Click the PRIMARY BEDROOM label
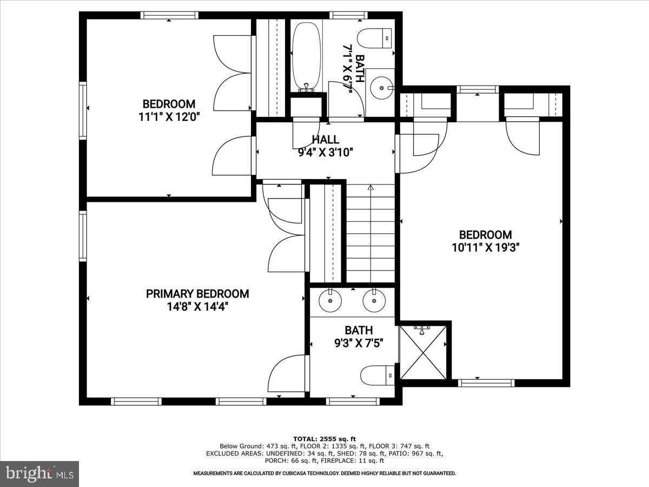[197, 294]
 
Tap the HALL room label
[325, 140]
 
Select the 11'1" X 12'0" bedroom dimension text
[169, 117]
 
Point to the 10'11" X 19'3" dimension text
[485, 248]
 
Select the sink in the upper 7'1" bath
[382, 85]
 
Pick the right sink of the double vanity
[373, 301]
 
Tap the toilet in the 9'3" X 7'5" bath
[378, 374]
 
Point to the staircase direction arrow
[370, 188]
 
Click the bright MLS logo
[39, 473]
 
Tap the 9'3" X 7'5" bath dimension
[359, 343]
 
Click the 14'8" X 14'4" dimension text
[197, 307]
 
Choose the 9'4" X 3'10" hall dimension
[325, 153]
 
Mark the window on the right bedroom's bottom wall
[485, 383]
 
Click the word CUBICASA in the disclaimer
[304, 473]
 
